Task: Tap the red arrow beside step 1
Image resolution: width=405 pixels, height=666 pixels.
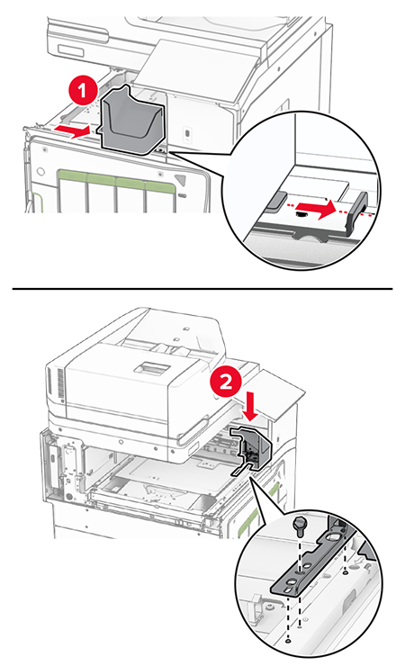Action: point(72,131)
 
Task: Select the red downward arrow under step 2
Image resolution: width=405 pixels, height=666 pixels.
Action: point(251,407)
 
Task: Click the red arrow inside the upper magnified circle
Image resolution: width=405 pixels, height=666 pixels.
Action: point(326,209)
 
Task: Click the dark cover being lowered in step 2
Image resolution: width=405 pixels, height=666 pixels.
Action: point(252,450)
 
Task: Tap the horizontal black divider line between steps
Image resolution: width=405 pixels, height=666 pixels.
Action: point(202,288)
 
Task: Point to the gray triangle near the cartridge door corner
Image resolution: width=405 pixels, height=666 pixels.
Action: point(181,179)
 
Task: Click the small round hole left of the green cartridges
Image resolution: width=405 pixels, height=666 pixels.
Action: point(40,172)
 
